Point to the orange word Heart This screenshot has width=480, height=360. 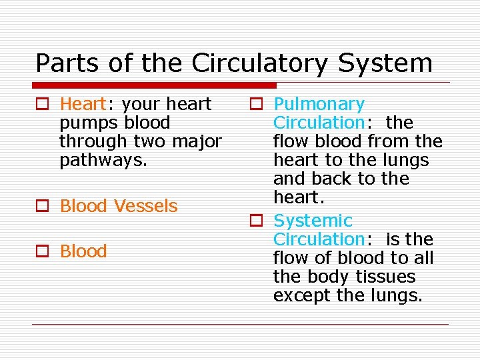pos(83,104)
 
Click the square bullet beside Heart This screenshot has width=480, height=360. pos(43,105)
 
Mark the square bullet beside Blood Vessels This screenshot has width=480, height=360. pos(43,207)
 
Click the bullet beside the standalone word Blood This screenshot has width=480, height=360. pos(43,252)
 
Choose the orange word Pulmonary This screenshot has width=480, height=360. pos(319,105)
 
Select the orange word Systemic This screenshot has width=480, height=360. pos(313,221)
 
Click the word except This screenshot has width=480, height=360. pos(303,295)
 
